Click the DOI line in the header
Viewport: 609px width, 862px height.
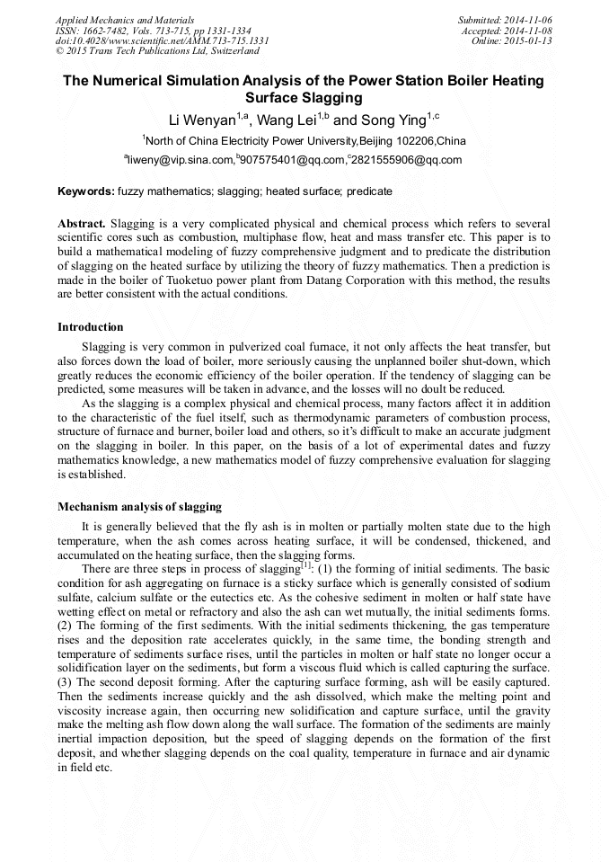click(162, 40)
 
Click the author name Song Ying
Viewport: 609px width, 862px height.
click(393, 120)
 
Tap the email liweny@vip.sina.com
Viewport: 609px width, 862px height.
click(181, 161)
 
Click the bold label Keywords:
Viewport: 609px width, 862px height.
click(86, 191)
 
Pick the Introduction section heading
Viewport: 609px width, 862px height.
click(91, 327)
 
